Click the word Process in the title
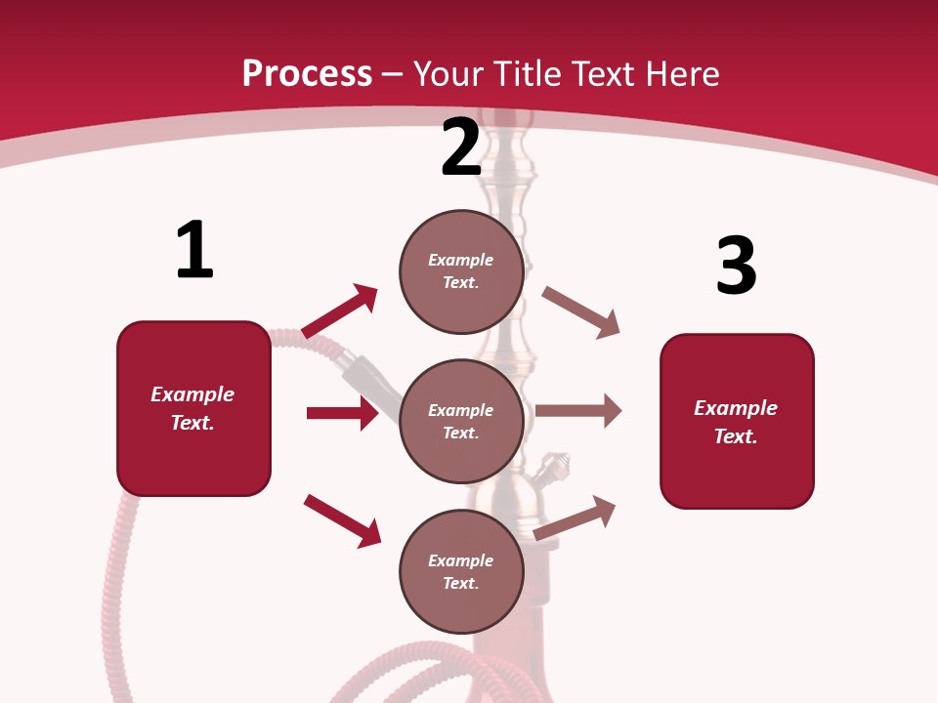tap(307, 74)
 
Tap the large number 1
tap(194, 251)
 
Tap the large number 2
tap(461, 148)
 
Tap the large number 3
tap(736, 267)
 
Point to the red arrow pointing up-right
tap(339, 311)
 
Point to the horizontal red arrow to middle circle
tap(341, 413)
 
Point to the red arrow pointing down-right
tap(342, 520)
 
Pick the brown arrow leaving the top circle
tap(580, 312)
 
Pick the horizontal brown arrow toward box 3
tap(577, 410)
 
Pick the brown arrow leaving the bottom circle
tap(575, 517)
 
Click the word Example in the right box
tap(736, 408)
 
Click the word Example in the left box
tap(192, 394)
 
